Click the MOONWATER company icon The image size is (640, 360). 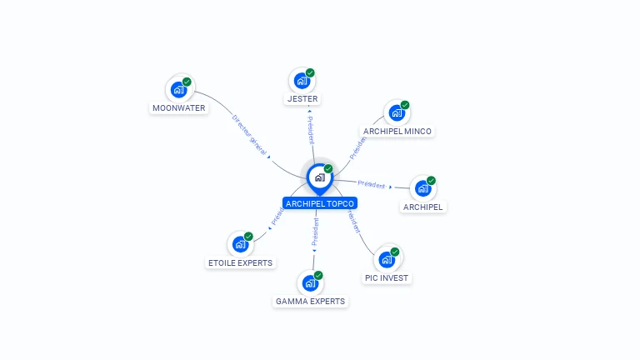[x=178, y=89]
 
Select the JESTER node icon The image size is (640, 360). [x=302, y=81]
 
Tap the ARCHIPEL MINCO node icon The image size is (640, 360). [x=397, y=112]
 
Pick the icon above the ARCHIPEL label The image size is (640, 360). [x=422, y=187]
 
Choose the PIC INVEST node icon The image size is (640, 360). [x=386, y=259]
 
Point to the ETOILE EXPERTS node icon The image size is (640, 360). [x=240, y=244]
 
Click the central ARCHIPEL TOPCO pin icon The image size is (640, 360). [x=319, y=177]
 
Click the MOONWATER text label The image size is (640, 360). [x=179, y=108]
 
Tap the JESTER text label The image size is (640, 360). [x=302, y=99]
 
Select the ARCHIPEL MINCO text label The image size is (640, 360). [x=397, y=132]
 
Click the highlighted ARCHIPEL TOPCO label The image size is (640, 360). [x=320, y=203]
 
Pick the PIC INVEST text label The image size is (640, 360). [x=387, y=277]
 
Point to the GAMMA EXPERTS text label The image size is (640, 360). [x=310, y=301]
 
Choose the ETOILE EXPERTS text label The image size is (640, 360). [x=240, y=263]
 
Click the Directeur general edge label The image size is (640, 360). [x=248, y=134]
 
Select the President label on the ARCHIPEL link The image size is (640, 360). [x=371, y=184]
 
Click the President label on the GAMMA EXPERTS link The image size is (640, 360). [x=315, y=233]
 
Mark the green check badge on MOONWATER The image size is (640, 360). [x=187, y=82]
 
